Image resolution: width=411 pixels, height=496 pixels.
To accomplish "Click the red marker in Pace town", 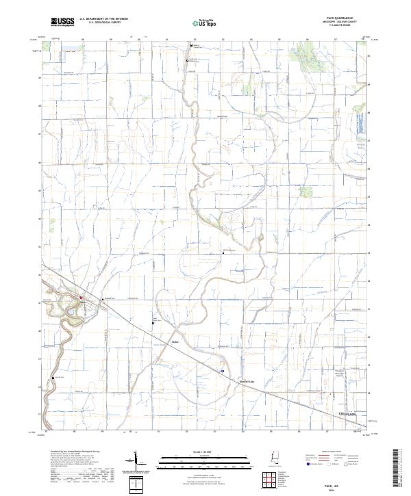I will [80, 297].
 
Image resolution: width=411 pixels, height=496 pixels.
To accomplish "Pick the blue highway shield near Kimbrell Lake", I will [222, 371].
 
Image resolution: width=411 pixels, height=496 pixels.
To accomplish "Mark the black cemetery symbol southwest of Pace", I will [53, 378].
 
